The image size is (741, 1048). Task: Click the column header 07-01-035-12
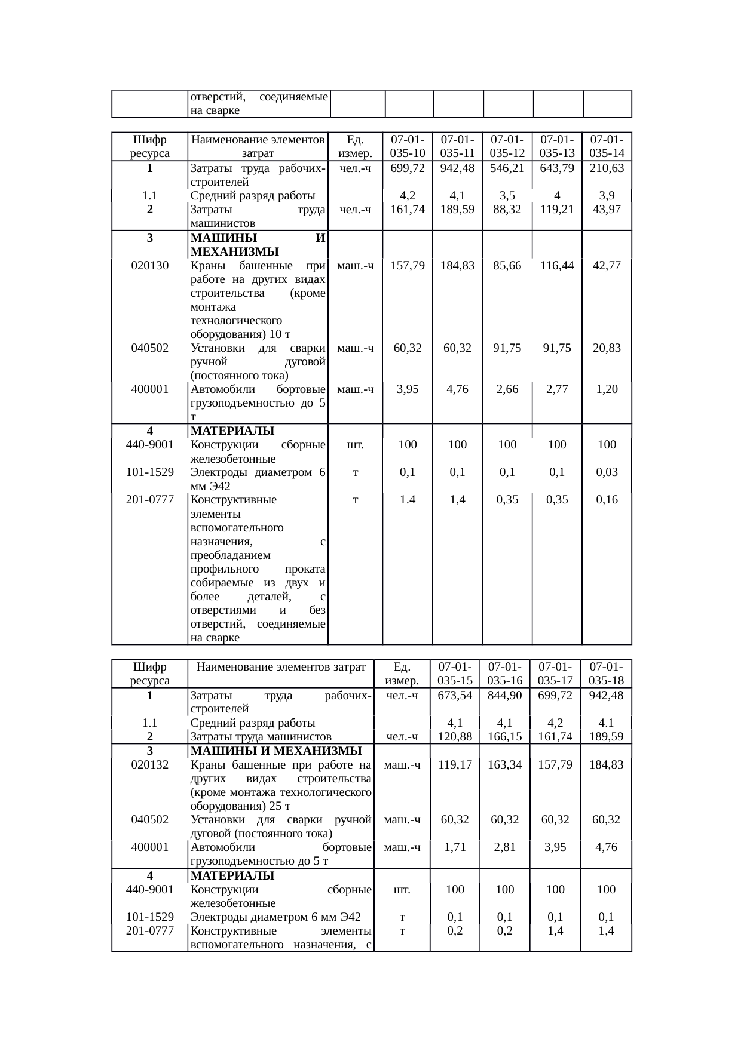click(x=507, y=146)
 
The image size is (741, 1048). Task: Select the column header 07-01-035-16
click(x=505, y=673)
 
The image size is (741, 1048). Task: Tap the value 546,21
click(x=507, y=168)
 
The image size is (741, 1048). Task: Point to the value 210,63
click(x=607, y=168)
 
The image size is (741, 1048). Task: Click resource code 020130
click(x=149, y=265)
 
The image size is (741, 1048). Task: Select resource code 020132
click(x=149, y=764)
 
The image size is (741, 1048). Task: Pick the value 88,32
click(x=507, y=209)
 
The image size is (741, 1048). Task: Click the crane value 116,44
click(x=557, y=265)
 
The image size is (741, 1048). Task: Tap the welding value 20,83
click(x=607, y=348)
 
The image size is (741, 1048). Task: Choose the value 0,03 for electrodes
click(x=607, y=472)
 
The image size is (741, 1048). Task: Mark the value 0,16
click(x=607, y=499)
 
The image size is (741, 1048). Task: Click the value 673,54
click(x=455, y=695)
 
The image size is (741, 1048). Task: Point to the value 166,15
click(x=505, y=737)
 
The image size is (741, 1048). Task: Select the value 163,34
click(x=505, y=764)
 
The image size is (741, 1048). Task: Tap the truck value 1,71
click(x=455, y=847)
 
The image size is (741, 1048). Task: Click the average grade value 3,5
click(x=507, y=195)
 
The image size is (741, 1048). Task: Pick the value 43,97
click(x=607, y=209)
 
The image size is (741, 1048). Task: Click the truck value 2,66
click(x=507, y=389)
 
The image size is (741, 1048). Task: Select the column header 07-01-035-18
click(x=606, y=673)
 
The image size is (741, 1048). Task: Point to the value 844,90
click(x=505, y=695)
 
